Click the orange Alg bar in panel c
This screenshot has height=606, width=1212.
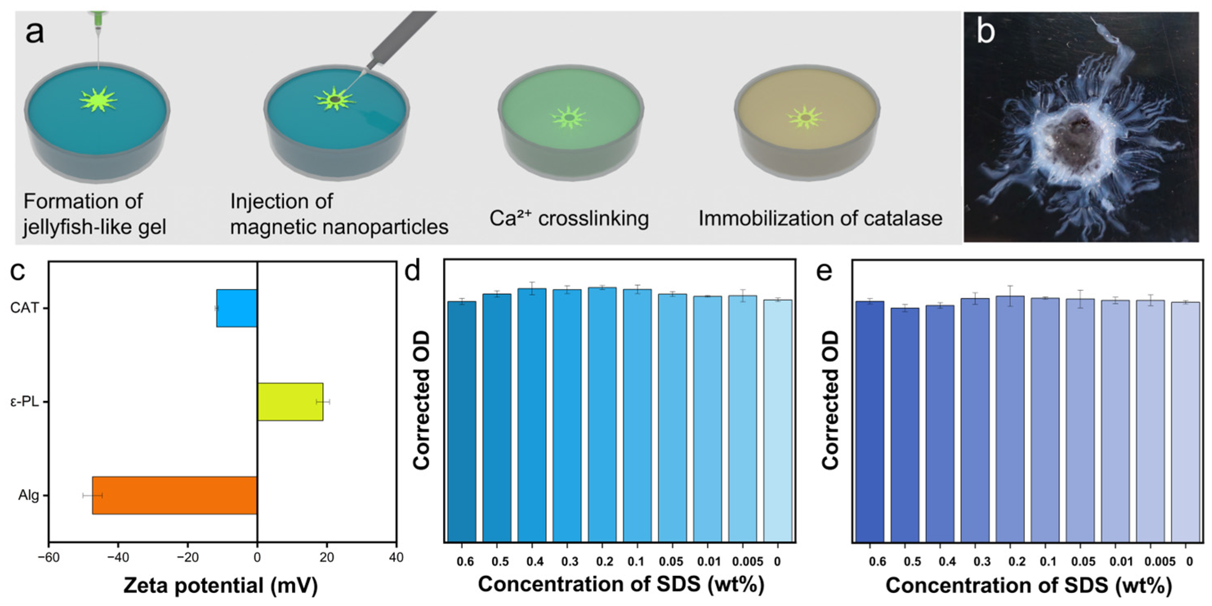(x=174, y=495)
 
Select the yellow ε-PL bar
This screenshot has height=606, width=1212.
(x=290, y=401)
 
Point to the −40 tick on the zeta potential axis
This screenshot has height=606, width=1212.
(x=118, y=558)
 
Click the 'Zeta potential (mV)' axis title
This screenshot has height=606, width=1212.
(x=221, y=586)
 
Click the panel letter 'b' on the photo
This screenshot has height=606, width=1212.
(x=985, y=32)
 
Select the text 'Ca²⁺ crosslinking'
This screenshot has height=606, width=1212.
(x=569, y=218)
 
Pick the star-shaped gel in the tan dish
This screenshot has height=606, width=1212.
(x=806, y=117)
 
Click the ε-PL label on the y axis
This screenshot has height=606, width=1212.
(x=25, y=402)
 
